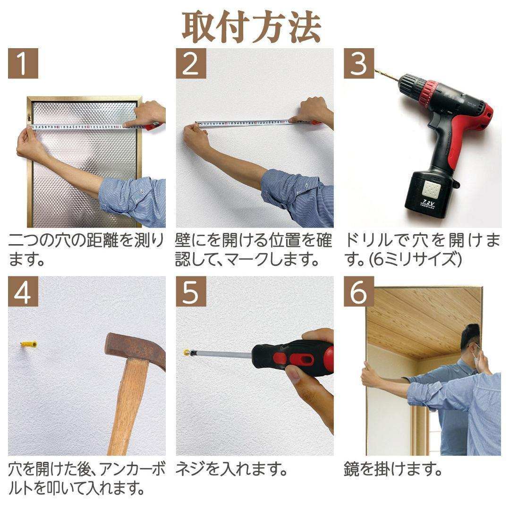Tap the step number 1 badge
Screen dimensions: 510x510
(x=23, y=64)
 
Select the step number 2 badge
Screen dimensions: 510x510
(x=191, y=64)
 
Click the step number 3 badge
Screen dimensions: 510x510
(x=359, y=64)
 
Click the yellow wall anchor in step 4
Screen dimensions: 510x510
(x=29, y=345)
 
